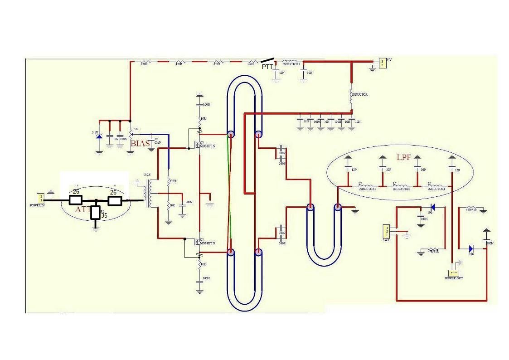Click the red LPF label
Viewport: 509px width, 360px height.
tap(403, 158)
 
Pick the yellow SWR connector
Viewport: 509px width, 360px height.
tap(386, 230)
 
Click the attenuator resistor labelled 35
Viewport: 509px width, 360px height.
tap(96, 213)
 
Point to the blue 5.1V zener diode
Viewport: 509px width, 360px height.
tap(99, 136)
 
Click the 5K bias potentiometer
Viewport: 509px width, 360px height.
tap(131, 132)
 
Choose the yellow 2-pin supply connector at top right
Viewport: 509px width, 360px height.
tap(383, 63)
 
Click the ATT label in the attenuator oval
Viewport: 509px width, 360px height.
tap(83, 209)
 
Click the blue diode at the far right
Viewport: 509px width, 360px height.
tap(471, 248)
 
